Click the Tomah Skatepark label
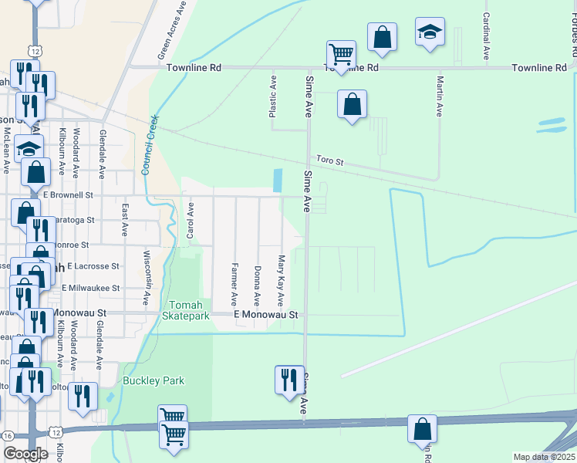(x=186, y=310)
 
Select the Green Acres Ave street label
(x=173, y=30)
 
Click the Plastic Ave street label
(x=272, y=96)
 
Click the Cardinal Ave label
(x=487, y=36)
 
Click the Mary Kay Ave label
(x=281, y=281)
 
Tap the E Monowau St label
(x=265, y=316)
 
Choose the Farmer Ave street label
(x=233, y=282)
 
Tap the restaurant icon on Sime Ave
(x=289, y=380)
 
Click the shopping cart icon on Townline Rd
(x=341, y=54)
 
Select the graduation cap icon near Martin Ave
(x=430, y=32)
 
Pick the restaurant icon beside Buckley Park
(x=83, y=396)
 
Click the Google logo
(x=25, y=454)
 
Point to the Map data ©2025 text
(x=545, y=457)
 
